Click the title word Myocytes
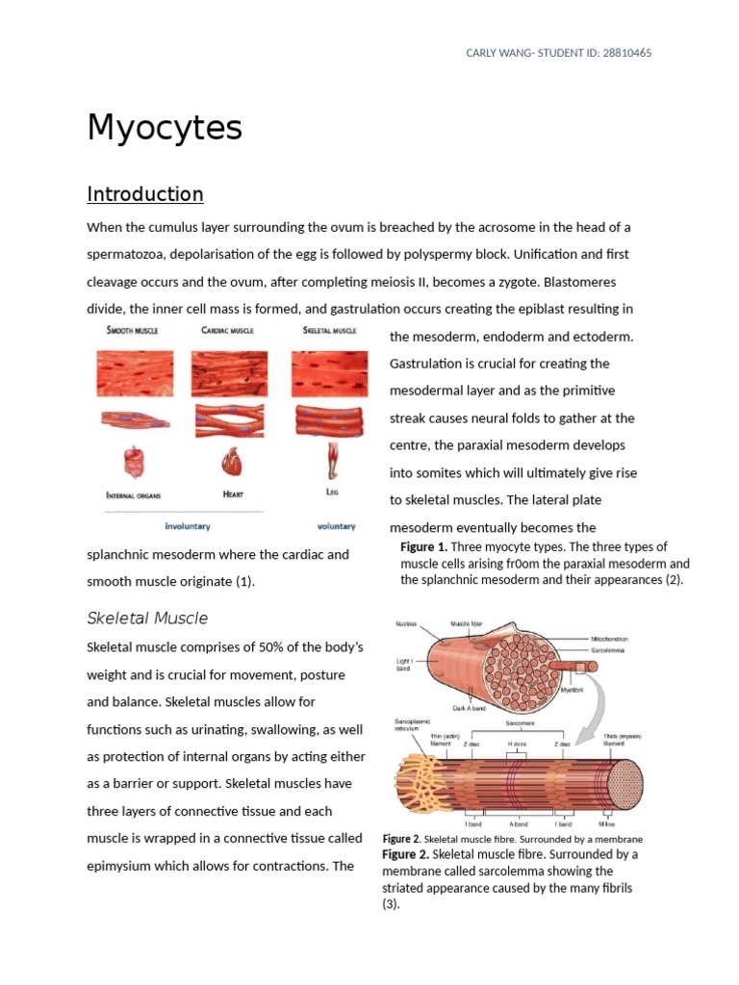pyautogui.click(x=165, y=128)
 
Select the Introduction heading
pyautogui.click(x=145, y=194)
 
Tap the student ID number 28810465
pyautogui.click(x=622, y=53)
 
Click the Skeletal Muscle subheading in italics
pyautogui.click(x=147, y=618)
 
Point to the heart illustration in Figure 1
pyautogui.click(x=231, y=463)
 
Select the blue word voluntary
pyautogui.click(x=336, y=526)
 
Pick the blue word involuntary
pyautogui.click(x=188, y=526)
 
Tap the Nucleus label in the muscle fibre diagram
pyautogui.click(x=407, y=624)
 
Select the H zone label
pyautogui.click(x=516, y=744)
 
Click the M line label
pyautogui.click(x=606, y=823)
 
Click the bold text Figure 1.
pyautogui.click(x=423, y=546)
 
